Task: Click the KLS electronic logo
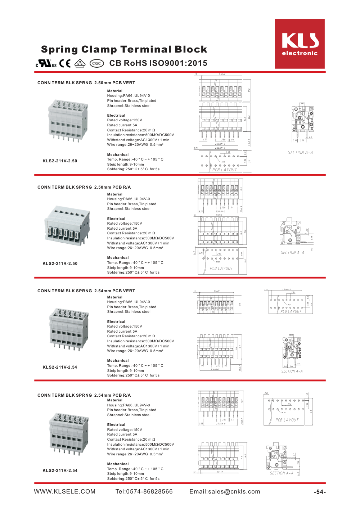click(300, 44)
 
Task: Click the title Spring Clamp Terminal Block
click(124, 49)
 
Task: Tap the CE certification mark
click(65, 63)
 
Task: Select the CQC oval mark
click(96, 63)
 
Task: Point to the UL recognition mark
click(46, 64)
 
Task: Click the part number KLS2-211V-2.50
click(60, 161)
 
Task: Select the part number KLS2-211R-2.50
click(60, 263)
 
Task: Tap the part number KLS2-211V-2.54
click(60, 367)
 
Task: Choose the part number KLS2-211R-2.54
click(60, 470)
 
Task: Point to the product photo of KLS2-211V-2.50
click(68, 120)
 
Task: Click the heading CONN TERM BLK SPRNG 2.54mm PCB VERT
click(86, 291)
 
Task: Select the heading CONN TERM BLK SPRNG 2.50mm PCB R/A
click(84, 187)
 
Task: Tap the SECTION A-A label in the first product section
click(300, 153)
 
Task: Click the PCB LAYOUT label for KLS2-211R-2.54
click(287, 420)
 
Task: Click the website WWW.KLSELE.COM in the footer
click(65, 492)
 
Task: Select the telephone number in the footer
click(144, 492)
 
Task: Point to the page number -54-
click(320, 492)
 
